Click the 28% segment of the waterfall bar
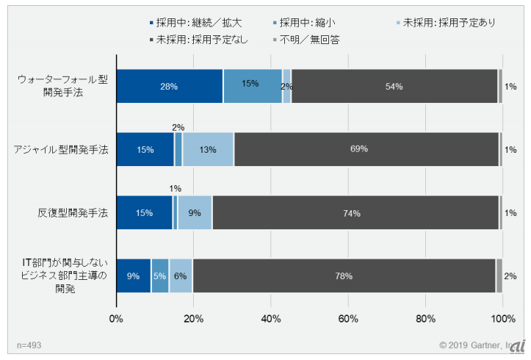click(170, 86)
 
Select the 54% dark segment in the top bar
click(394, 86)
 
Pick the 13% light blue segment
click(208, 150)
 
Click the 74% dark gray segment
click(355, 213)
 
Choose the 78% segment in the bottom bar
click(344, 276)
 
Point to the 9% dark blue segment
click(134, 276)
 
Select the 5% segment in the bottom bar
click(160, 276)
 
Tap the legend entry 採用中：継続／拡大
click(195, 23)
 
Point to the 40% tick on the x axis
click(271, 319)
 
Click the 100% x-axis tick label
click(502, 319)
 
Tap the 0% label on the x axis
click(116, 319)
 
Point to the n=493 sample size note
click(29, 345)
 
